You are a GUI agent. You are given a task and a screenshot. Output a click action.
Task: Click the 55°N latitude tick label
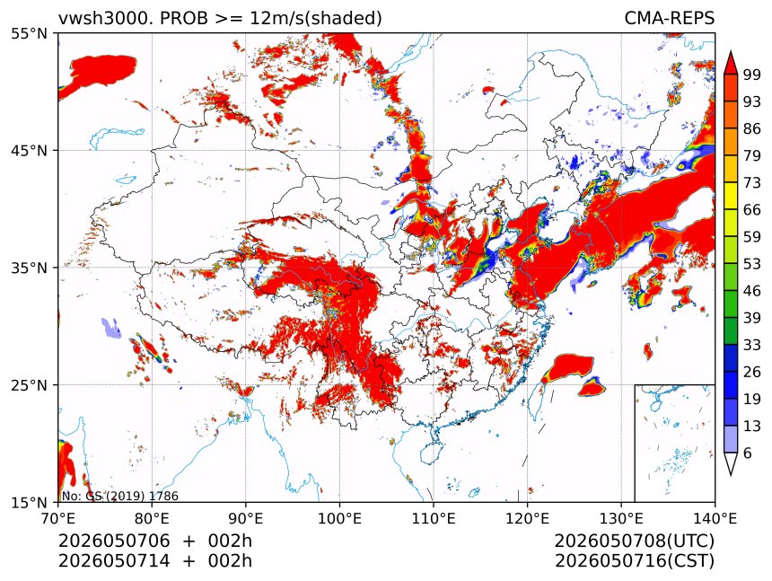click(x=29, y=34)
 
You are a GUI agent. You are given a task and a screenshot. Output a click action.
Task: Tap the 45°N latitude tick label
click(x=29, y=151)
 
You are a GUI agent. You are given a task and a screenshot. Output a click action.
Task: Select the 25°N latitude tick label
click(x=29, y=385)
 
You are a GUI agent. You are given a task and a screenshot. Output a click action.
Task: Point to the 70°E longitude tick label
click(x=58, y=518)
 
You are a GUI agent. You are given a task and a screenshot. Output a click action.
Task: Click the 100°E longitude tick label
click(x=339, y=518)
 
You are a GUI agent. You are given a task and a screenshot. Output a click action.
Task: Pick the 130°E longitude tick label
click(x=621, y=518)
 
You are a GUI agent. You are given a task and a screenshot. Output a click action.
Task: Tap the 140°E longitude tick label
click(x=715, y=518)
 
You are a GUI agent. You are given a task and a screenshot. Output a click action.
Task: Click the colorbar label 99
click(x=752, y=75)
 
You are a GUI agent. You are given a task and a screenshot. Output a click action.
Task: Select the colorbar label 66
click(x=752, y=210)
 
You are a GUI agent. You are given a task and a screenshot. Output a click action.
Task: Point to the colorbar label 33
click(x=752, y=345)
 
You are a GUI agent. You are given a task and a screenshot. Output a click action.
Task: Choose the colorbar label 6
click(x=748, y=453)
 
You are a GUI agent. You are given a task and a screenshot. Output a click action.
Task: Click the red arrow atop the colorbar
click(x=731, y=62)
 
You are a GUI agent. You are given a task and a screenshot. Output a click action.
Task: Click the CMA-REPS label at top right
click(x=669, y=18)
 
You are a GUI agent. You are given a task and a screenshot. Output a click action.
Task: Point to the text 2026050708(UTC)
click(x=634, y=541)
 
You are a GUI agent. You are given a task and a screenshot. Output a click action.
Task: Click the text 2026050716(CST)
click(x=634, y=561)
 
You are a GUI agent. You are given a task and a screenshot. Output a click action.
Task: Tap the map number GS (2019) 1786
click(x=132, y=496)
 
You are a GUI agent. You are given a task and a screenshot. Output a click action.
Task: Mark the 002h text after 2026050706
click(x=230, y=541)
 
